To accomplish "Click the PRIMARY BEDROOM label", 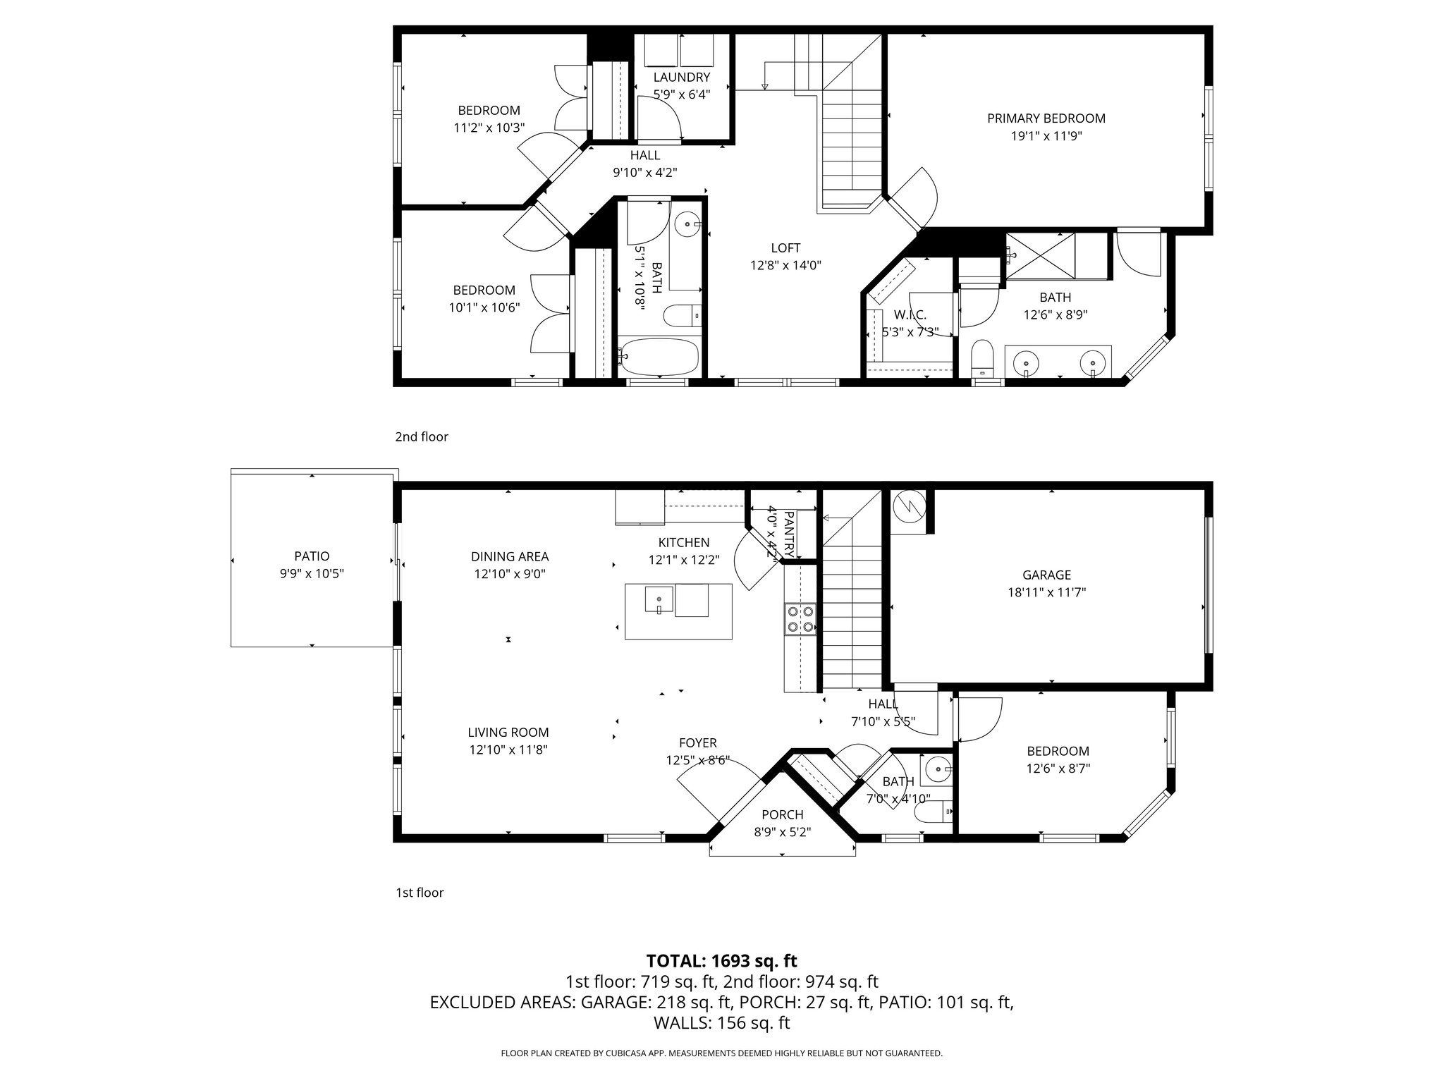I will click(x=1046, y=118).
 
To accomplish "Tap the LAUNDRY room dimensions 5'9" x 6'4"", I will click(x=681, y=94).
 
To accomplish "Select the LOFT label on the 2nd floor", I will click(x=785, y=248).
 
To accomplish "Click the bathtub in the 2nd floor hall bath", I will click(x=659, y=357).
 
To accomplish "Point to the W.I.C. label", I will click(x=910, y=315).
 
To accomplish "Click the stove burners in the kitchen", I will click(x=800, y=619).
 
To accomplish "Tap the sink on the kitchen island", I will click(x=659, y=600).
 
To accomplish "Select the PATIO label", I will click(x=312, y=556).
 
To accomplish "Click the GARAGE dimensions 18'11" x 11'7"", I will click(x=1046, y=593).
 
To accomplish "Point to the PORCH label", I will click(x=782, y=815).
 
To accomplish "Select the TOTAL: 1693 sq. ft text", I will click(x=721, y=960).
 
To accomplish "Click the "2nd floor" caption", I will click(x=422, y=436).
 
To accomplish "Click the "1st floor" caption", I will click(x=420, y=893).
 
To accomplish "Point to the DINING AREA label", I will click(x=509, y=557).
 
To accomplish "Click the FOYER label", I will click(x=697, y=743).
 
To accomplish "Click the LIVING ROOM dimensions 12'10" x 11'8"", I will click(x=508, y=750).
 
